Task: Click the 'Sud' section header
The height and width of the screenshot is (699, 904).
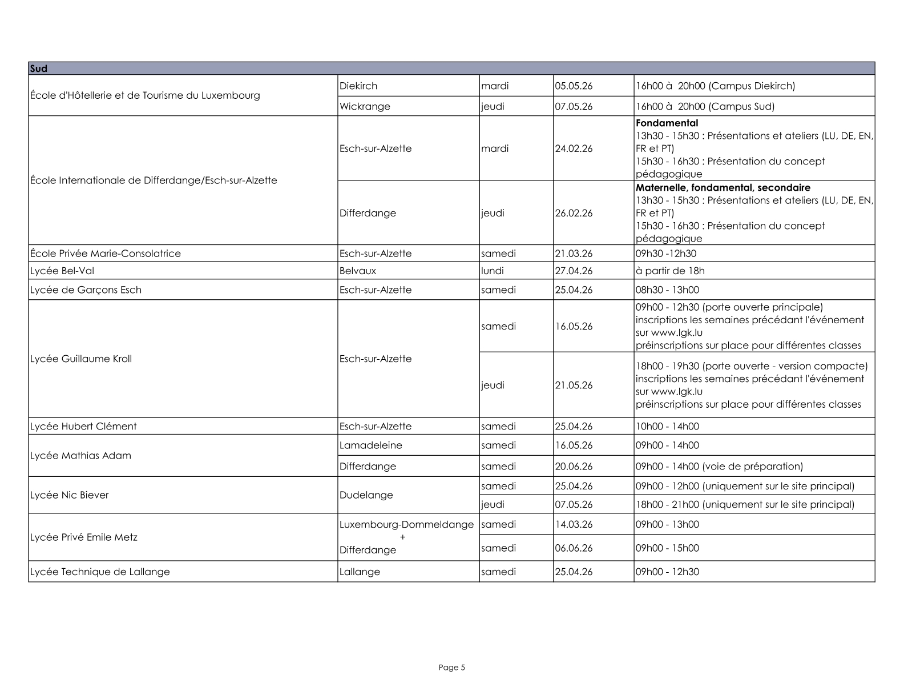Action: pyautogui.click(x=39, y=69)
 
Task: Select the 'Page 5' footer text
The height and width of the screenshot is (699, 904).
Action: pyautogui.click(x=452, y=667)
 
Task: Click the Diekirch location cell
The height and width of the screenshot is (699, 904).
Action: pyautogui.click(x=358, y=86)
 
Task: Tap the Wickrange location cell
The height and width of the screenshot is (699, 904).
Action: pyautogui.click(x=365, y=106)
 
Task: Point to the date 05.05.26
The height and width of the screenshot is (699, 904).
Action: pyautogui.click(x=574, y=86)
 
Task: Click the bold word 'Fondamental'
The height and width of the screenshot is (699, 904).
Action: pyautogui.click(x=667, y=123)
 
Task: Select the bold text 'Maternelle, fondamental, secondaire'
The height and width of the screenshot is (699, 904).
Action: pyautogui.click(x=723, y=187)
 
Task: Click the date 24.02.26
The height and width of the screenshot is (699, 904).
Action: pyautogui.click(x=574, y=148)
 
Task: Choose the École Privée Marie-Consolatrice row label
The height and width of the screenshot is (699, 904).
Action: pyautogui.click(x=106, y=254)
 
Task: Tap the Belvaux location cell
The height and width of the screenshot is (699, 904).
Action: pyautogui.click(x=358, y=271)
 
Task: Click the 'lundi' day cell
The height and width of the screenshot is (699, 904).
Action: pyautogui.click(x=493, y=271)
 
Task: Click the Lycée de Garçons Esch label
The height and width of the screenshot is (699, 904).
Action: pyautogui.click(x=86, y=290)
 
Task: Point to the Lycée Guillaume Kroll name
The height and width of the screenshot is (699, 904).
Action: pyautogui.click(x=81, y=359)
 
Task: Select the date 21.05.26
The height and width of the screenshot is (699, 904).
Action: pyautogui.click(x=574, y=385)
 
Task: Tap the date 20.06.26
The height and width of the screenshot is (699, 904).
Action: pyautogui.click(x=574, y=466)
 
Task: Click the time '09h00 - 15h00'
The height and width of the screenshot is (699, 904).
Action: pyautogui.click(x=667, y=548)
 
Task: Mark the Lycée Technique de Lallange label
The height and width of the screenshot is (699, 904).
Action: pyautogui.click(x=100, y=572)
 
